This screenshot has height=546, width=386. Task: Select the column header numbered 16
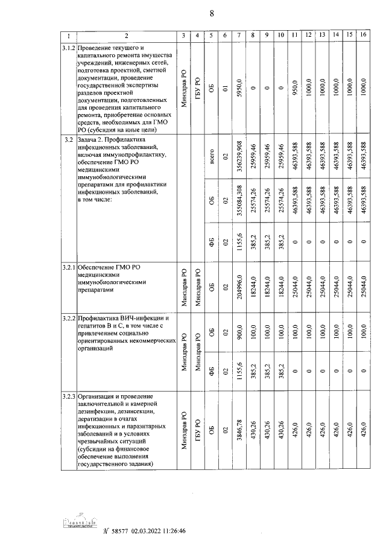pyautogui.click(x=363, y=36)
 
